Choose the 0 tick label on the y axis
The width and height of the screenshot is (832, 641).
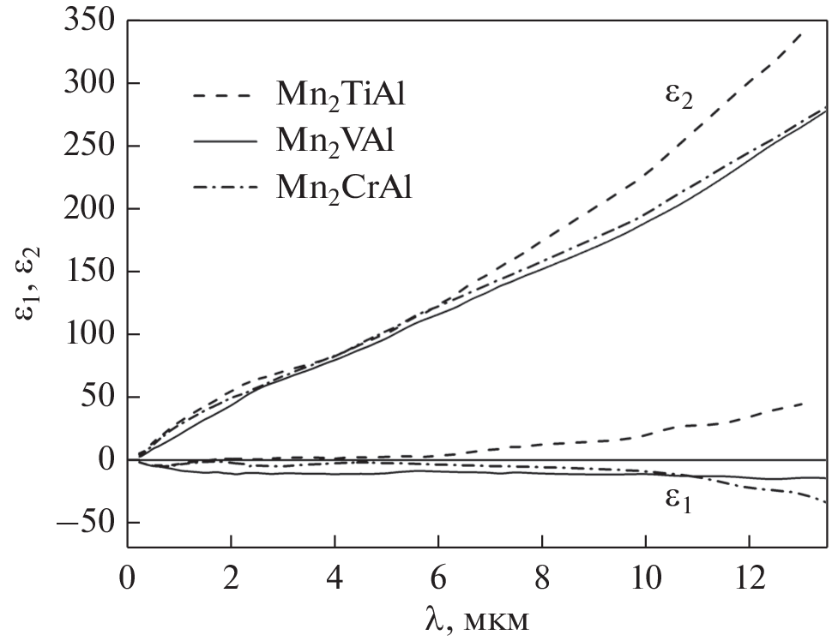(x=105, y=460)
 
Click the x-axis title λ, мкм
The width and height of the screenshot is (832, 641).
(x=477, y=618)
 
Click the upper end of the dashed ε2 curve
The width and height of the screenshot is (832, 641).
(x=801, y=33)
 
